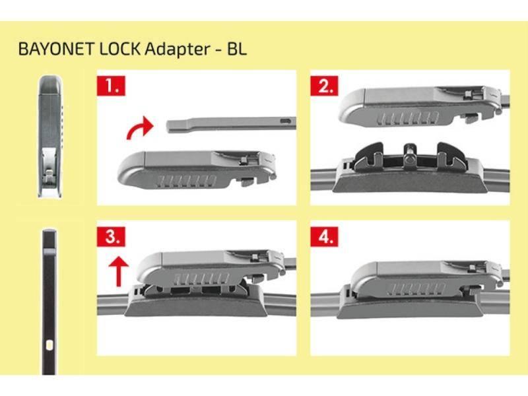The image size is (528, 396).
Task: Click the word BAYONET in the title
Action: click(x=56, y=49)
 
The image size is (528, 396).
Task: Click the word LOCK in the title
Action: click(x=119, y=49)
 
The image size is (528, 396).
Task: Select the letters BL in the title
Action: click(x=237, y=49)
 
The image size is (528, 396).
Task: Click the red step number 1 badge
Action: click(x=111, y=86)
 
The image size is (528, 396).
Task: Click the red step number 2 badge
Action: click(x=324, y=86)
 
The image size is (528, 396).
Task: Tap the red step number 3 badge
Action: click(x=111, y=236)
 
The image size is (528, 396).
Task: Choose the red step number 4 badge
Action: click(x=324, y=236)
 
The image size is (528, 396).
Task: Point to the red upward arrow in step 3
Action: click(x=119, y=271)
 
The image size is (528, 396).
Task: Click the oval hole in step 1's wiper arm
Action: click(x=285, y=121)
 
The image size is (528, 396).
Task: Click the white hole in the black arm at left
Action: click(x=49, y=345)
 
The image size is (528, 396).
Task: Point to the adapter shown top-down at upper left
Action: click(x=51, y=137)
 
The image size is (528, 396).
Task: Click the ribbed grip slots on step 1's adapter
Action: click(x=186, y=181)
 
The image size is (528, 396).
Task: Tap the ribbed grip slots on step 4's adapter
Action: click(x=417, y=288)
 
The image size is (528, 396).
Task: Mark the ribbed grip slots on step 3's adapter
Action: click(x=201, y=279)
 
